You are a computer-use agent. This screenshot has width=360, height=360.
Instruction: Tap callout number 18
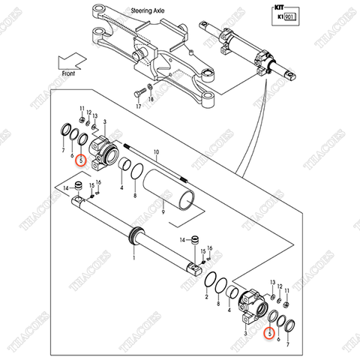coord(151,100)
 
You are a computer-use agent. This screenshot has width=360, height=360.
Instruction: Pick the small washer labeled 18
coord(149,91)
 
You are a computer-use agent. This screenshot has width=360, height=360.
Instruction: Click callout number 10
coord(157,152)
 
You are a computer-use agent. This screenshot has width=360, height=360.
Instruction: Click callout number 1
coord(134,257)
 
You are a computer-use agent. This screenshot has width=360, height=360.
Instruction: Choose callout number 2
coord(206,298)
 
